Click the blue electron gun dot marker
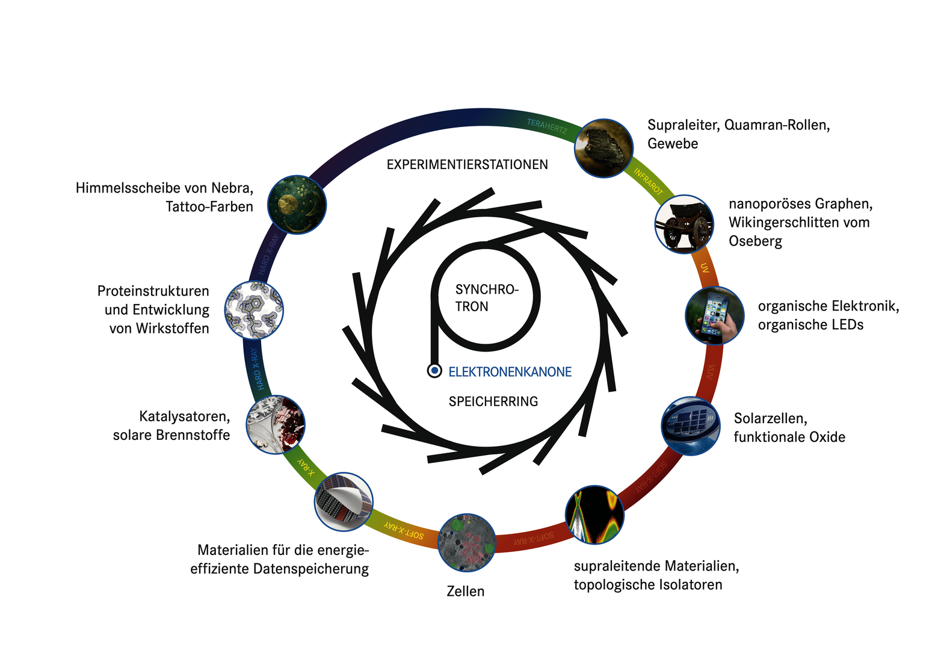pos(434,370)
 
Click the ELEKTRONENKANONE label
pos(510,372)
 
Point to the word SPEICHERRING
pos(493,401)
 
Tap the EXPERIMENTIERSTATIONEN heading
pos(467,164)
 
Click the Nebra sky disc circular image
pos(297,205)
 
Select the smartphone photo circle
pos(714,315)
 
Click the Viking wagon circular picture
pos(684,224)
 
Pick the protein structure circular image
pos(254,310)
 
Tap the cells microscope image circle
pos(467,542)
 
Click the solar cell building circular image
pos(690,426)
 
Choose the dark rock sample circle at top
pos(603,148)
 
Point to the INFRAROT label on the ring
pos(648,182)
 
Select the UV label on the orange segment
pos(705,267)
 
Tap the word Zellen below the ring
pos(465,592)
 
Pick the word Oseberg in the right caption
pos(755,241)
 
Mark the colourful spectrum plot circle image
pos(594,515)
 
